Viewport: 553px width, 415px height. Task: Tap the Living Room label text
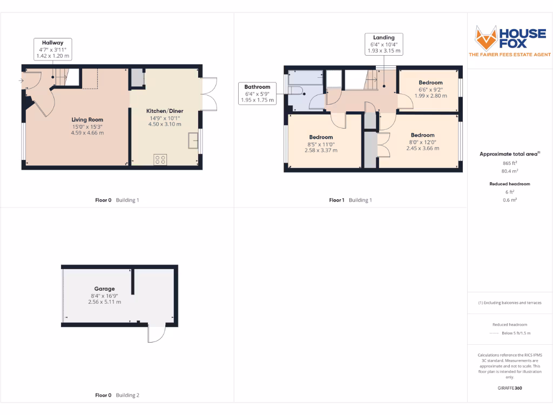point(87,119)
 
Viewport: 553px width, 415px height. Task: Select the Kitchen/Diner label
point(165,111)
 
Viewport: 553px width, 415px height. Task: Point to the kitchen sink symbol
point(193,140)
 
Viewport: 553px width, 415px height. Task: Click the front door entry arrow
point(21,82)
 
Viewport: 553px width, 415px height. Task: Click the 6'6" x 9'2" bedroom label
point(430,83)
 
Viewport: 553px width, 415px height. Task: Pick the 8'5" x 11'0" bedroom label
point(321,137)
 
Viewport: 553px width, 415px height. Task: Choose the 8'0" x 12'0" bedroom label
point(422,135)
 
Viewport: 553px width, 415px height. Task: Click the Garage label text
point(104,289)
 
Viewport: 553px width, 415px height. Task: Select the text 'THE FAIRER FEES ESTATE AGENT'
point(509,55)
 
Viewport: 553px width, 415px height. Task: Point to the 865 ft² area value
point(510,163)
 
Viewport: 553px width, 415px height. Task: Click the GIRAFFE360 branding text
point(510,388)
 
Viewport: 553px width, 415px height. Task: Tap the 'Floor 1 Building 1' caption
point(350,200)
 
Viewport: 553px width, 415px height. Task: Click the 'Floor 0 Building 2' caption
point(117,395)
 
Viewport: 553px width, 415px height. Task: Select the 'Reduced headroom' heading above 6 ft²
point(510,184)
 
